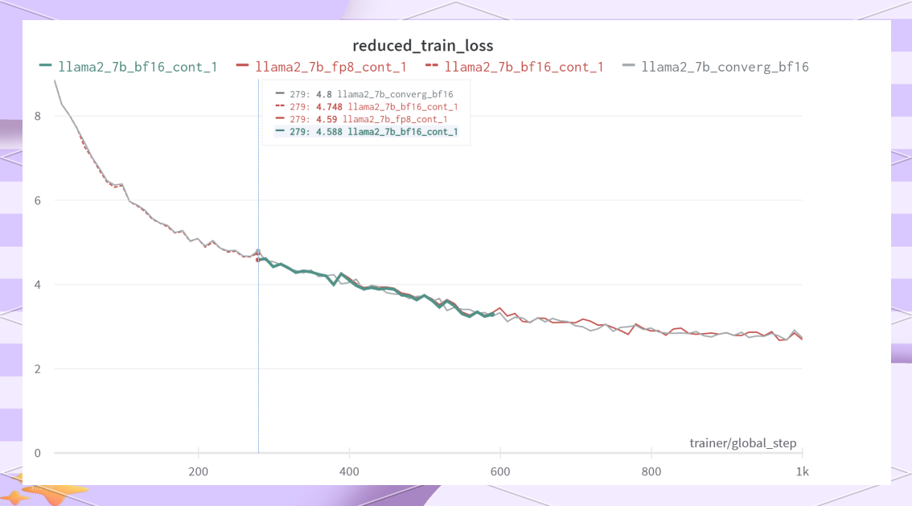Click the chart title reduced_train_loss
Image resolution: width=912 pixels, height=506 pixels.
[423, 45]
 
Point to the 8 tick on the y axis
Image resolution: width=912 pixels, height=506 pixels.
[37, 116]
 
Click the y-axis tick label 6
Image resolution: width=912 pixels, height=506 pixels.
[37, 200]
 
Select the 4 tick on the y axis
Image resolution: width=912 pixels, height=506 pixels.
[37, 285]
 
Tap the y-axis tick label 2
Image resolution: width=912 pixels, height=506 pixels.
[37, 369]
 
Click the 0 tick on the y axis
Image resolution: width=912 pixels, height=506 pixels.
[37, 453]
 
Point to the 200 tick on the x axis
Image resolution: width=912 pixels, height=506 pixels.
[198, 471]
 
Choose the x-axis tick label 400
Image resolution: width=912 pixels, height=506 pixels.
[349, 471]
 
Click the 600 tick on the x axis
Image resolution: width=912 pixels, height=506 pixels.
[500, 471]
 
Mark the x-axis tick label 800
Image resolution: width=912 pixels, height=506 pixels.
[651, 471]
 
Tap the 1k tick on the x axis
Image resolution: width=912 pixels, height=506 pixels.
[802, 471]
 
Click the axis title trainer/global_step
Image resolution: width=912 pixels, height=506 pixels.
[743, 443]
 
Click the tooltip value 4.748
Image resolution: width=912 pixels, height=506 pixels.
[330, 106]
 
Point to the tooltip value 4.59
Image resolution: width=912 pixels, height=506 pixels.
[327, 119]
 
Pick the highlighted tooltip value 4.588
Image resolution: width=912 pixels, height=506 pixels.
[330, 132]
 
